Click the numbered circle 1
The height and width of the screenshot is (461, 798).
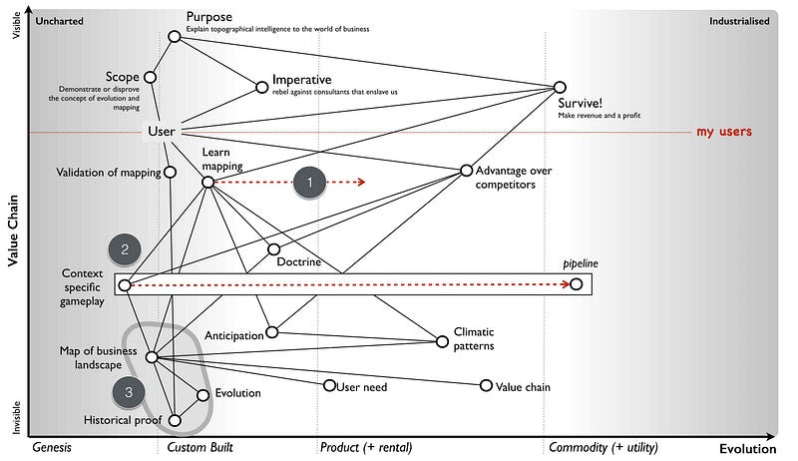point(310,183)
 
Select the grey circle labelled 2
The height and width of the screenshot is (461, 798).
point(125,249)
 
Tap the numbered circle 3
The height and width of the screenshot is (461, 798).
point(129,393)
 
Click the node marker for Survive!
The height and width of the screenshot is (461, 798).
point(560,88)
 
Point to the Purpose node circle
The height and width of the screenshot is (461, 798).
point(175,36)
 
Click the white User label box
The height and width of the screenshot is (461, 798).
point(162,132)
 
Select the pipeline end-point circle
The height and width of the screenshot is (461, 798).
point(576,284)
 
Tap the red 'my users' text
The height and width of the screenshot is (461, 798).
point(723,132)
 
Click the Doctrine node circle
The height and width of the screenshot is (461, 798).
point(273,248)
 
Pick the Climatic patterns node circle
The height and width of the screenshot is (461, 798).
point(442,341)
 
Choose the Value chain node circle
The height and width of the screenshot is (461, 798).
point(486,385)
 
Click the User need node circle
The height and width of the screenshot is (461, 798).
point(329,385)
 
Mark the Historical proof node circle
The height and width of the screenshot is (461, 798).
point(175,420)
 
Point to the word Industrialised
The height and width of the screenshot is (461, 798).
point(739,21)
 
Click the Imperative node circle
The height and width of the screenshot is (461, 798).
point(263,86)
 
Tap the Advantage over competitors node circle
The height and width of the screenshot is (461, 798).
point(466,171)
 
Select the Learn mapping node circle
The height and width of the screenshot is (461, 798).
point(207,183)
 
